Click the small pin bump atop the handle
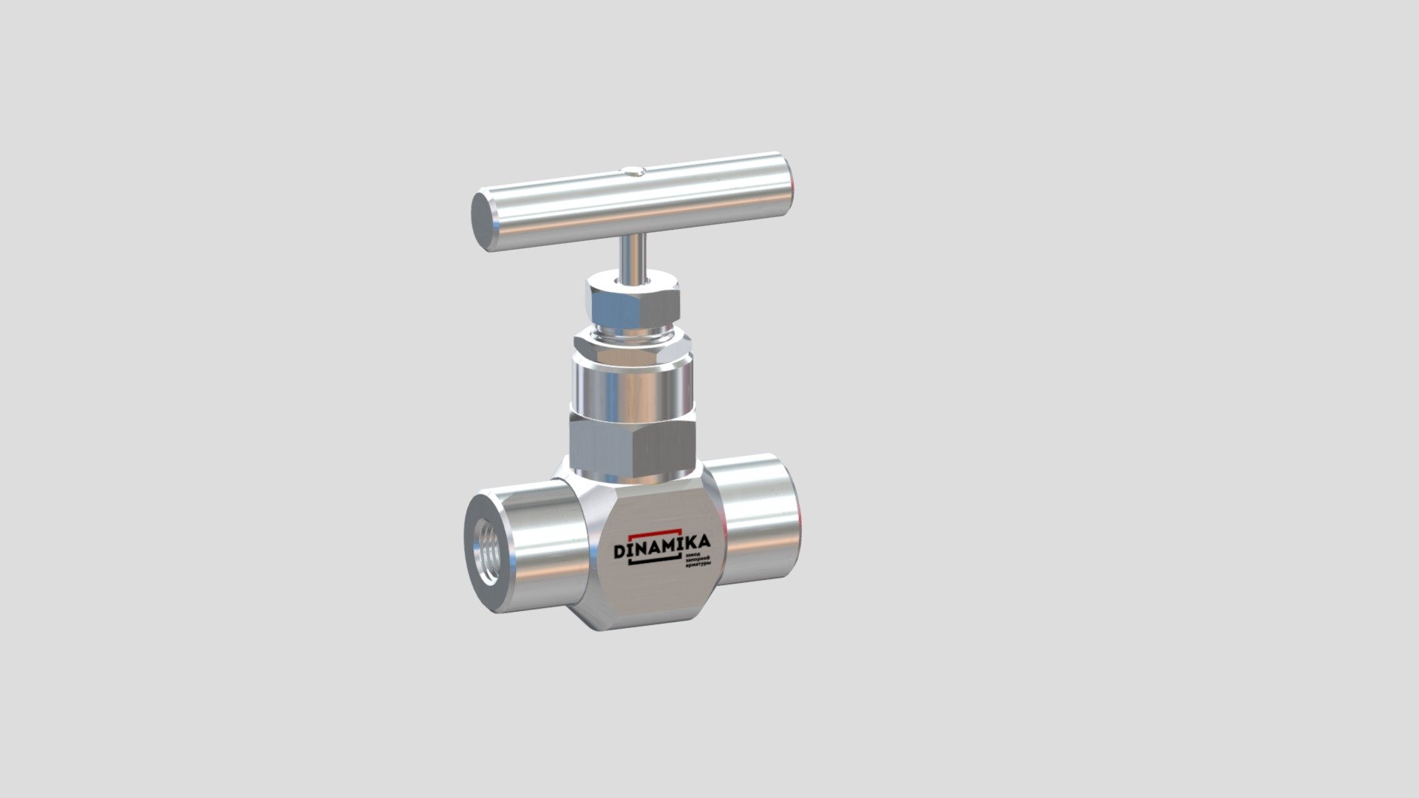(x=634, y=173)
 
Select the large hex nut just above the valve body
(x=633, y=443)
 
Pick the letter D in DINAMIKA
(x=620, y=552)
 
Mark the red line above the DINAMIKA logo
(x=655, y=532)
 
